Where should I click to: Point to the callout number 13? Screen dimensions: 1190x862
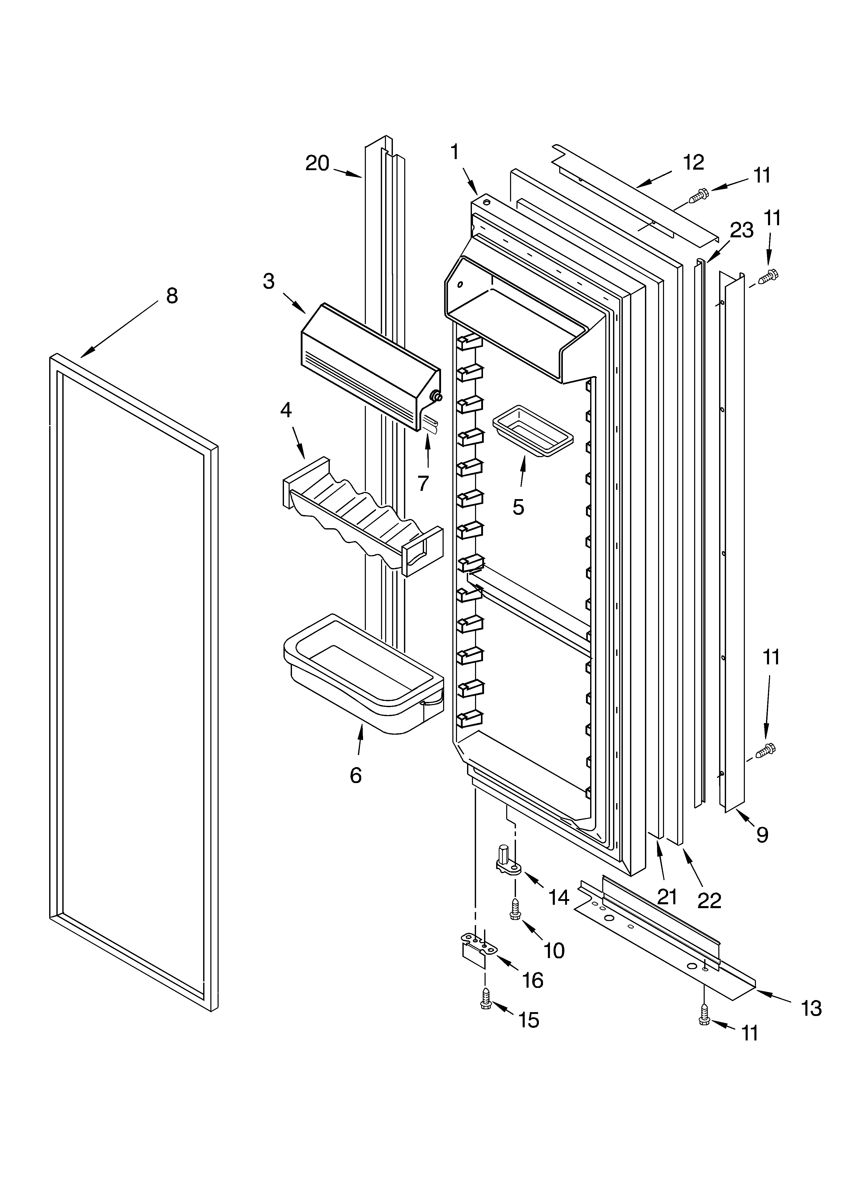811,1008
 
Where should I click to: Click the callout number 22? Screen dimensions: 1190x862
709,900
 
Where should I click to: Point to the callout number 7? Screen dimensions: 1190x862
423,483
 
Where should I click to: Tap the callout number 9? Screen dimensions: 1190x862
762,834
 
